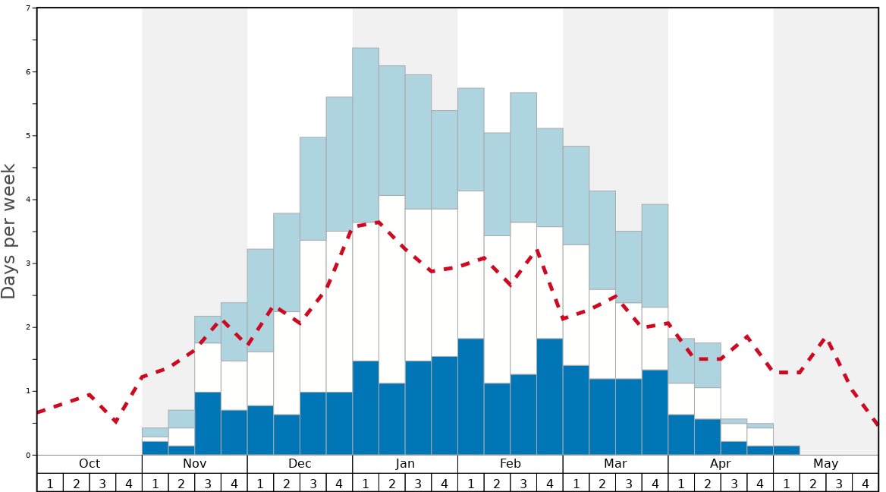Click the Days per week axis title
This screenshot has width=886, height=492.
9,231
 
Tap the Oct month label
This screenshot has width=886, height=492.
90,464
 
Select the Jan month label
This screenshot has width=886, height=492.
405,464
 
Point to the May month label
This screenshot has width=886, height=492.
826,464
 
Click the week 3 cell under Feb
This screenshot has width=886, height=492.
523,483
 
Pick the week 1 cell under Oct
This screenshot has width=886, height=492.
50,483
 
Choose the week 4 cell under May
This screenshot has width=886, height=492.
866,483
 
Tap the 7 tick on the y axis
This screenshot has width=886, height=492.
28,8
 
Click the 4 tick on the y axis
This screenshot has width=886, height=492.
28,200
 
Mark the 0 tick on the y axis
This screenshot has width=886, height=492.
28,456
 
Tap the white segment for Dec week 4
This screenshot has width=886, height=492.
339,311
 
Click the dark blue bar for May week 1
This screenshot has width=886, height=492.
787,450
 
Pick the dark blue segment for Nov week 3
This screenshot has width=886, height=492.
208,423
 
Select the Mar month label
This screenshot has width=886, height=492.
615,464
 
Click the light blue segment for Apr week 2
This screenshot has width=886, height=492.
708,365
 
